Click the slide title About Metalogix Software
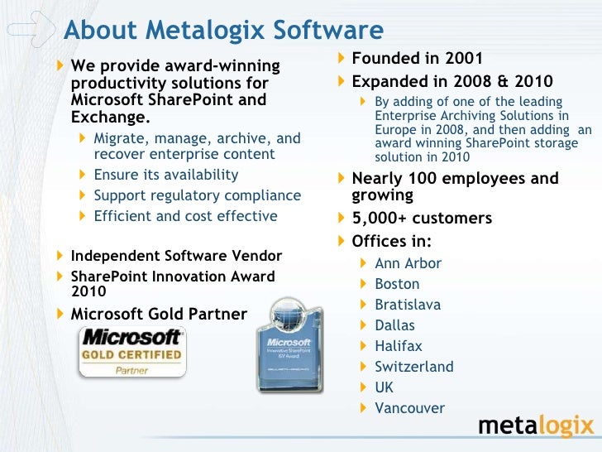click(x=223, y=31)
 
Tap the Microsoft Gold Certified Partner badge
click(x=132, y=352)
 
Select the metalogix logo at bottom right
click(x=536, y=426)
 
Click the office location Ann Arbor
click(x=408, y=263)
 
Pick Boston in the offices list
click(x=397, y=284)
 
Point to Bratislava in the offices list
click(x=408, y=305)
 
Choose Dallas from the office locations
click(x=394, y=325)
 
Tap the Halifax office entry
click(x=399, y=346)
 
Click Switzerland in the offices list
click(x=414, y=367)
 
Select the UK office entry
click(x=384, y=387)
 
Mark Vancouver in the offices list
click(x=409, y=408)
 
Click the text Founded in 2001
click(x=417, y=59)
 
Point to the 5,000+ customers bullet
click(x=422, y=219)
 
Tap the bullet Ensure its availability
click(x=165, y=175)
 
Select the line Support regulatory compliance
click(x=197, y=195)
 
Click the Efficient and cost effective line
click(x=185, y=216)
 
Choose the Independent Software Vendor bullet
click(x=176, y=256)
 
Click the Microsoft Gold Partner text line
click(x=159, y=314)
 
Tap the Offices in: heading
click(x=391, y=242)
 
